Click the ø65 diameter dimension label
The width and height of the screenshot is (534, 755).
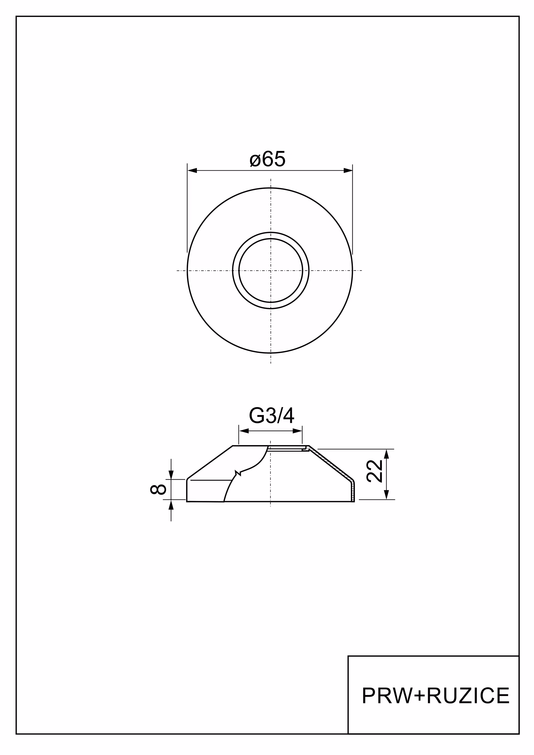[x=268, y=159]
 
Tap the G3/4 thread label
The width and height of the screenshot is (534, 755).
[x=271, y=416]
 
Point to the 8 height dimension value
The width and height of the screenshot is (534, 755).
[x=158, y=489]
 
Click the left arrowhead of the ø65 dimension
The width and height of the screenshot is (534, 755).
[x=192, y=170]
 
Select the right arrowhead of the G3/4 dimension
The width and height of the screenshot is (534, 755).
[x=297, y=431]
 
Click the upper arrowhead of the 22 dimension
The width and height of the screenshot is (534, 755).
[x=387, y=454]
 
